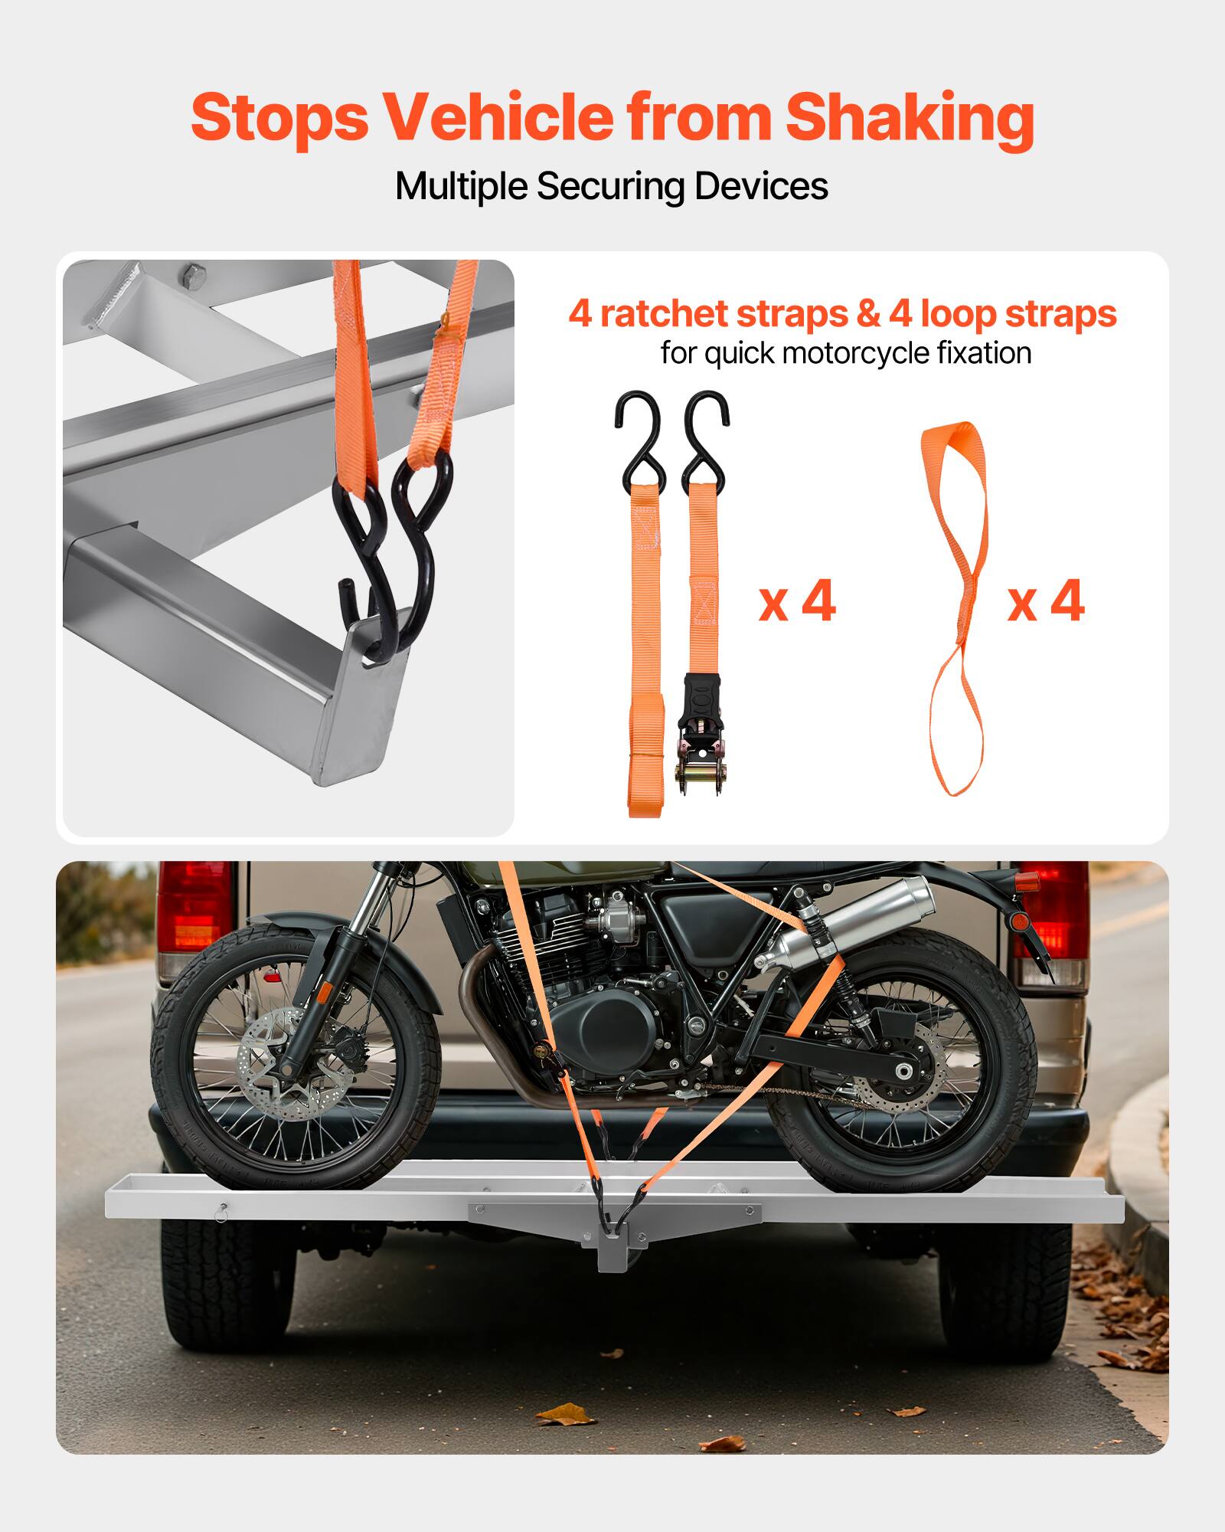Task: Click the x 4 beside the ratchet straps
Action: click(x=797, y=602)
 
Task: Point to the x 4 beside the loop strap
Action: click(x=1046, y=602)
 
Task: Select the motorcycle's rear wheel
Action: click(x=903, y=1065)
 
